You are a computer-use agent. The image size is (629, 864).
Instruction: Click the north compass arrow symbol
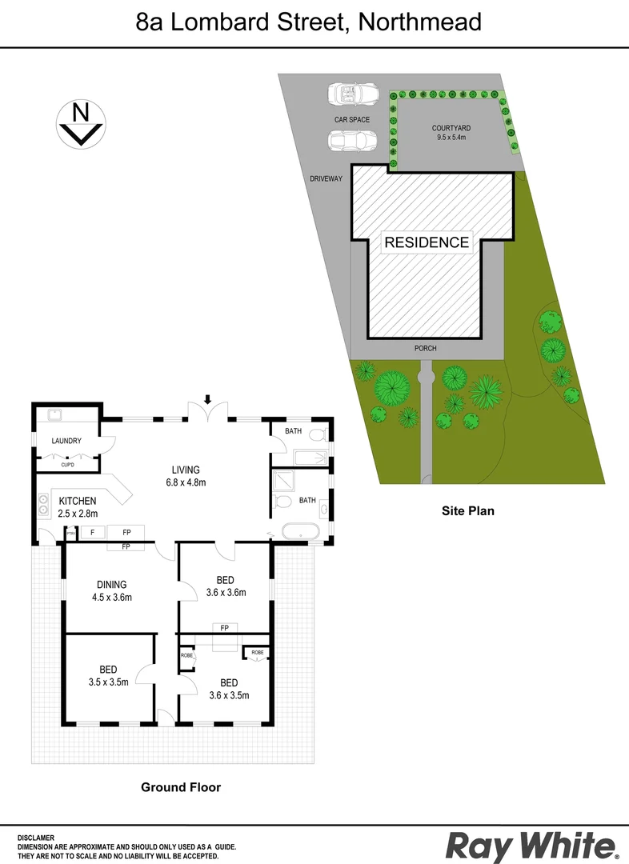click(80, 124)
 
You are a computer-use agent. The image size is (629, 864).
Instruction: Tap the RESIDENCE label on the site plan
click(427, 242)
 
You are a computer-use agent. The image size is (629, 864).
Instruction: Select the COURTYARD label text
click(451, 128)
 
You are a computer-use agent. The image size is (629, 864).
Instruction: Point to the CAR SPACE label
click(352, 119)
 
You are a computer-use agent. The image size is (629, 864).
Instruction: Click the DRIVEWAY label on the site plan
click(327, 178)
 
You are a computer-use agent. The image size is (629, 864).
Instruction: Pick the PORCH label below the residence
click(425, 349)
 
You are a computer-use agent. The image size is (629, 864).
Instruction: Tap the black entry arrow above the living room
click(208, 399)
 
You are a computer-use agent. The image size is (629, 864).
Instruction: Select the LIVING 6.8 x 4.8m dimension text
click(185, 476)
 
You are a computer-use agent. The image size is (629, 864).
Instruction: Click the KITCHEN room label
click(78, 501)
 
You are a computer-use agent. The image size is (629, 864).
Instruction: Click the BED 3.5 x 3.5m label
click(108, 676)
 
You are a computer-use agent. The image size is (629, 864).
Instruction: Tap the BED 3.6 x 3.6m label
click(225, 586)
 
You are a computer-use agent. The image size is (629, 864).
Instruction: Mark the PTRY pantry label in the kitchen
click(70, 533)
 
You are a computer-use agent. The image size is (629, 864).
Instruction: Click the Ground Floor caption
click(181, 787)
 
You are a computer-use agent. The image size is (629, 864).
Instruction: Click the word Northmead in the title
click(420, 22)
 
